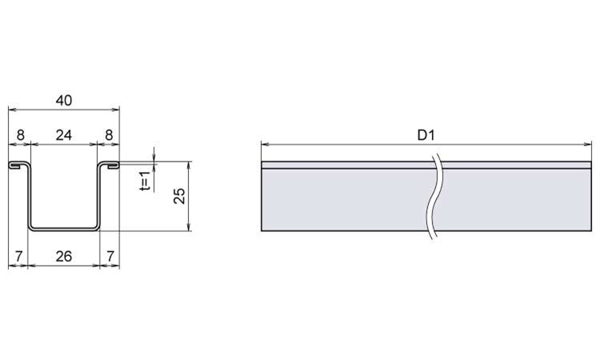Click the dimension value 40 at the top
click(x=64, y=101)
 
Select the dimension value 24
click(x=64, y=135)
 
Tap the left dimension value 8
click(x=20, y=135)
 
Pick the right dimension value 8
click(x=109, y=135)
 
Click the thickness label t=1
click(x=145, y=181)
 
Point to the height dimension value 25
click(x=179, y=196)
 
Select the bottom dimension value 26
click(x=64, y=256)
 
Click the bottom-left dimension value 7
click(x=19, y=256)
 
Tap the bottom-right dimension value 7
click(x=110, y=256)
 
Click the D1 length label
click(x=426, y=135)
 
